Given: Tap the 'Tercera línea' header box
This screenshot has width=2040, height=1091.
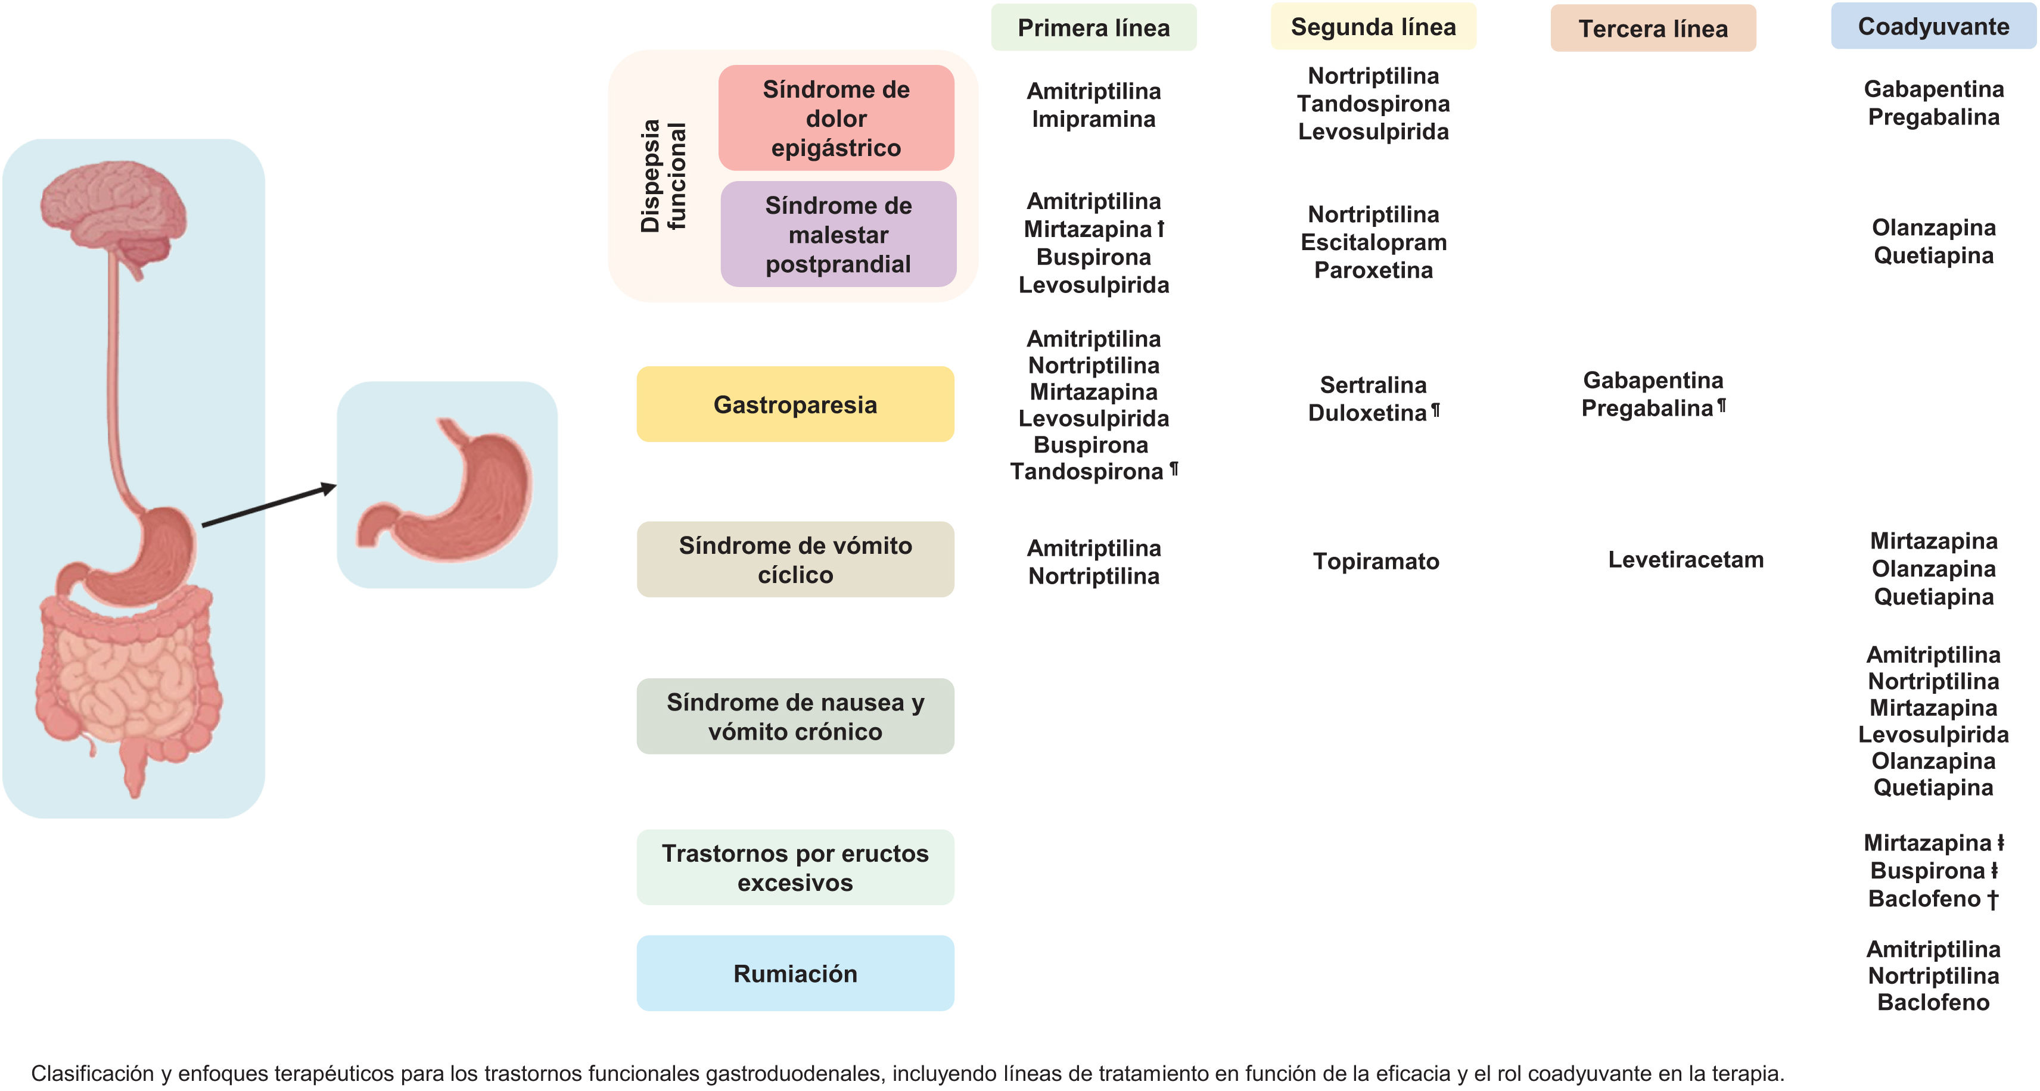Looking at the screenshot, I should point(1653,29).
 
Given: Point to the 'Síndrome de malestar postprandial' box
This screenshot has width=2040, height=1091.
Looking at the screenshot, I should point(838,235).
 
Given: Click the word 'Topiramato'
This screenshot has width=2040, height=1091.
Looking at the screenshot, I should point(1376,562).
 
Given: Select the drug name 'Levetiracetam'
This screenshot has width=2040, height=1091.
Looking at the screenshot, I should point(1686,560).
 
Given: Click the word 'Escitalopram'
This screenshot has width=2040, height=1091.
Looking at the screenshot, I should point(1373,242).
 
